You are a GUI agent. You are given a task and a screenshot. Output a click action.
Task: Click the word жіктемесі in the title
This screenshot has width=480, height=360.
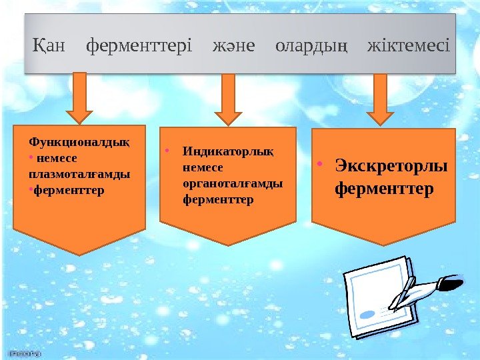(x=409, y=47)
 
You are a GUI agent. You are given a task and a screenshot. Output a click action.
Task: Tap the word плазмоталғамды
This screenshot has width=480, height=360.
(x=79, y=174)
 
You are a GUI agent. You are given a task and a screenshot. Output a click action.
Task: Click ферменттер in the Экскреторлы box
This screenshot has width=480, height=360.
(x=384, y=189)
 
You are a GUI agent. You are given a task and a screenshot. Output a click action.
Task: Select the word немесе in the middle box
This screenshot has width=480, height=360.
(x=202, y=167)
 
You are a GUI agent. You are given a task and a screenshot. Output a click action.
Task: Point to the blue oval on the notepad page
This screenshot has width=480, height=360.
(x=367, y=313)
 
